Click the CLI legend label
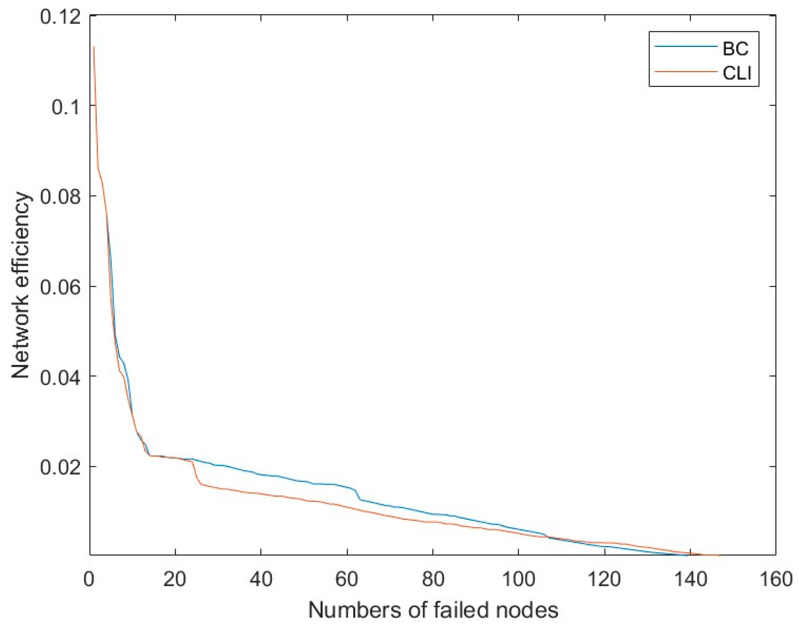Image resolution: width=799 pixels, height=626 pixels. tap(737, 74)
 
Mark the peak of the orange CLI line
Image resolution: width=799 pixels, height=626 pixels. tap(94, 47)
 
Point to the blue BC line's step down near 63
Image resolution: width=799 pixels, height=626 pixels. tap(359, 496)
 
